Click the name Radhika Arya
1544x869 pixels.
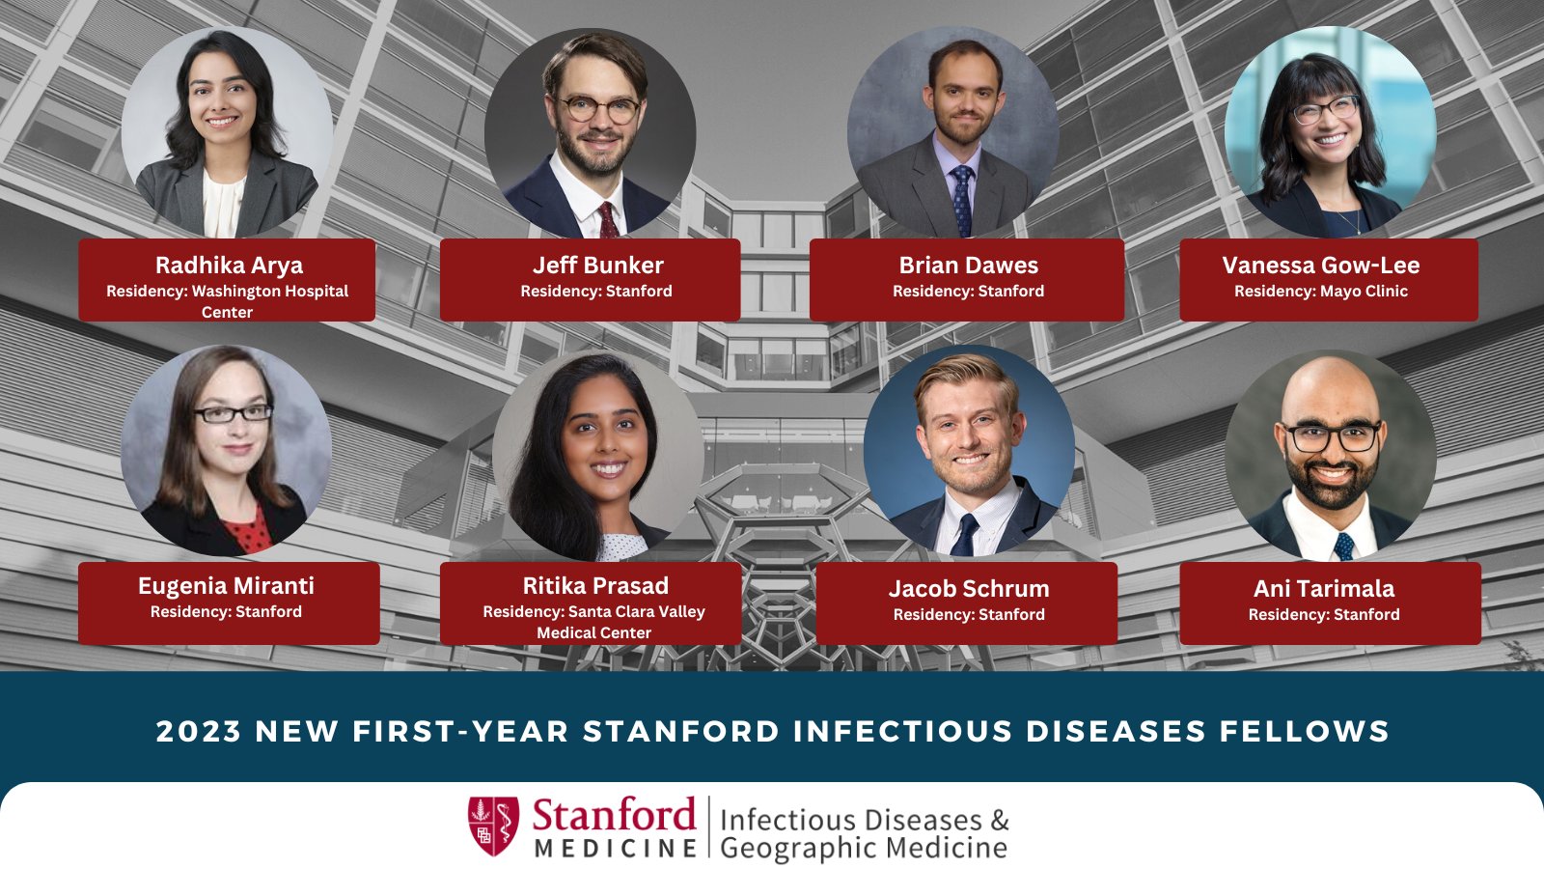pos(229,266)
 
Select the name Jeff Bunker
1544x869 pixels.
pos(597,266)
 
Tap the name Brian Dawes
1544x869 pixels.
pos(968,266)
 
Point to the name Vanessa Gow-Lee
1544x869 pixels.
pos(1320,266)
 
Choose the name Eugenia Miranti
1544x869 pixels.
pos(226,586)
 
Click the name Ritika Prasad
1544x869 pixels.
pos(595,586)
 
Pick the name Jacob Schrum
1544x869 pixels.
pos(969,589)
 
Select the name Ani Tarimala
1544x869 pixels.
pos(1323,589)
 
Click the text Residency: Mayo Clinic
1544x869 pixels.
pos(1320,292)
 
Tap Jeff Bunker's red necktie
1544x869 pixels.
pos(608,221)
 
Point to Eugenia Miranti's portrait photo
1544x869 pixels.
pos(226,451)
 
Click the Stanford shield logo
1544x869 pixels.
pos(493,826)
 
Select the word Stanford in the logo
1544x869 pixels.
pos(614,816)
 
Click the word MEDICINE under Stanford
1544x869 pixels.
pos(616,849)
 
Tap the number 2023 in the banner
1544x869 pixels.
pos(198,732)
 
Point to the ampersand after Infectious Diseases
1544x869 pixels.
pos(1000,821)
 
